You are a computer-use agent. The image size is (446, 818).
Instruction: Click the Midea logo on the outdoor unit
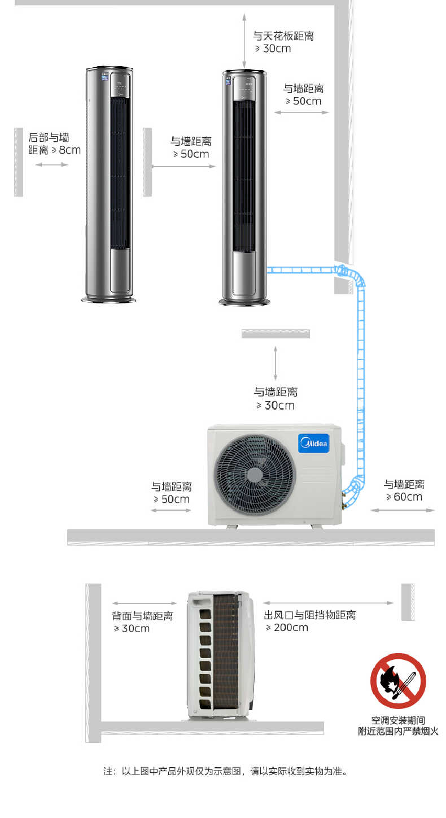tap(313, 443)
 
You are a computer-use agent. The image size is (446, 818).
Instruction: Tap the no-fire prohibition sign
tap(398, 681)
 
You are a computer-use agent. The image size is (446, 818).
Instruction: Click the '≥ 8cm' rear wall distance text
tap(66, 150)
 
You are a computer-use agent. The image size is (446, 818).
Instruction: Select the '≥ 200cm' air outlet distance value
tap(287, 628)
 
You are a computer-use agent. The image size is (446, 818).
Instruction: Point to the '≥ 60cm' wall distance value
tap(404, 497)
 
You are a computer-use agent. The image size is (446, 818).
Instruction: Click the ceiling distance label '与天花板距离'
tap(283, 36)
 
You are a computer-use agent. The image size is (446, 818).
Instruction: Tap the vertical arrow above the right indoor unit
tap(244, 41)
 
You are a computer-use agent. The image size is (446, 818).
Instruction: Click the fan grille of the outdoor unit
tap(255, 475)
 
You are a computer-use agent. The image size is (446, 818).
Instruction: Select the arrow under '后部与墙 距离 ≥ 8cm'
tap(52, 165)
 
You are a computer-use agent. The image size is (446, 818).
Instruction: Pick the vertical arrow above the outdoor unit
tap(276, 363)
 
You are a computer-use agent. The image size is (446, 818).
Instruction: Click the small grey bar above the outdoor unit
tap(276, 334)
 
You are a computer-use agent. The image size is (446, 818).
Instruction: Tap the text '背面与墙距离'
tap(142, 616)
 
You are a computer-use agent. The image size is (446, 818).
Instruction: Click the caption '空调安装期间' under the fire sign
tap(398, 720)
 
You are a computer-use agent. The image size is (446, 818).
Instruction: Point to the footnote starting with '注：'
tap(226, 771)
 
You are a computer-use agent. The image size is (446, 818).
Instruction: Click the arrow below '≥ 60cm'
tap(403, 510)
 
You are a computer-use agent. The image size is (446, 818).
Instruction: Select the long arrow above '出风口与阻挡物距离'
tap(328, 603)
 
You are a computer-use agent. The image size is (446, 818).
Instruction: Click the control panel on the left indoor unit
tap(120, 86)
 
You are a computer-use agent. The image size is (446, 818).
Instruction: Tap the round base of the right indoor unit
tap(244, 302)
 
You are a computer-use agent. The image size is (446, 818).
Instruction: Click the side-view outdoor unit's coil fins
tap(226, 651)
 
